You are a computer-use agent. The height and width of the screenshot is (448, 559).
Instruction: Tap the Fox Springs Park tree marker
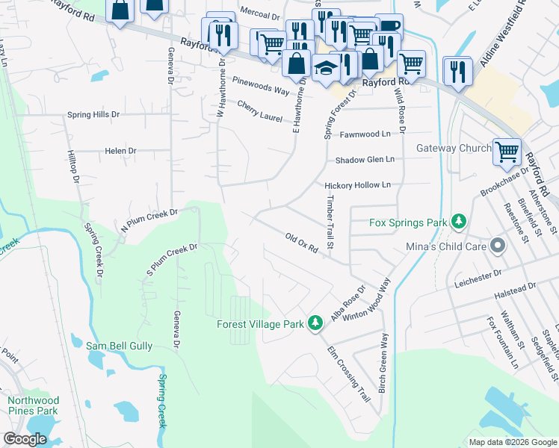coord(458,222)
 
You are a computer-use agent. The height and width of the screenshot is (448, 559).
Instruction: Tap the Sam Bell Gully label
coord(119,346)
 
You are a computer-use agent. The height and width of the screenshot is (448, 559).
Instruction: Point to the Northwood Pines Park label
coord(33,405)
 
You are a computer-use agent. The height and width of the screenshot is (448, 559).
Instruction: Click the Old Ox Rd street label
coord(302,243)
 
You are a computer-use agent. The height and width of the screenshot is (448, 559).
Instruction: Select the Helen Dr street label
coord(120,151)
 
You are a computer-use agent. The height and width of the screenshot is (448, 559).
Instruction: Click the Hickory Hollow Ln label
coord(357,185)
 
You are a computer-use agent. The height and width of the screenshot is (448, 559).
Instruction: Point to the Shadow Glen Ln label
coord(364,160)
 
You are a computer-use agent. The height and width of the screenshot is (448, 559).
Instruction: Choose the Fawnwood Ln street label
coord(365,134)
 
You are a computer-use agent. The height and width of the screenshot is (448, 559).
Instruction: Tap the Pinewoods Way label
coord(260,85)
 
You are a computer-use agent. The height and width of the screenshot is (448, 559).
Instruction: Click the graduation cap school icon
coord(327,69)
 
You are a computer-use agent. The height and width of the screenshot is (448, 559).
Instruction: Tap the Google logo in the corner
coord(25,439)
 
